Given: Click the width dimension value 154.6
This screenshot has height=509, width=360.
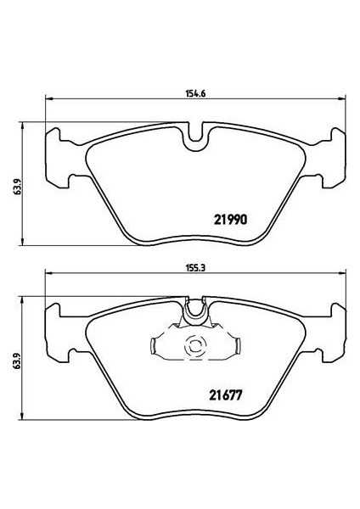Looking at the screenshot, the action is [x=195, y=93].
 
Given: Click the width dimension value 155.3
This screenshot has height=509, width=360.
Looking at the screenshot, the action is [x=195, y=268].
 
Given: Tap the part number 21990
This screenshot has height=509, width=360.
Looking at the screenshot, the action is [x=231, y=220].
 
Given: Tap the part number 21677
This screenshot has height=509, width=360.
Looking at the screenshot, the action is [x=226, y=395].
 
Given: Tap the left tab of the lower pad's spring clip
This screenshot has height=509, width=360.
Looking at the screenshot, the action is [x=154, y=345].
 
